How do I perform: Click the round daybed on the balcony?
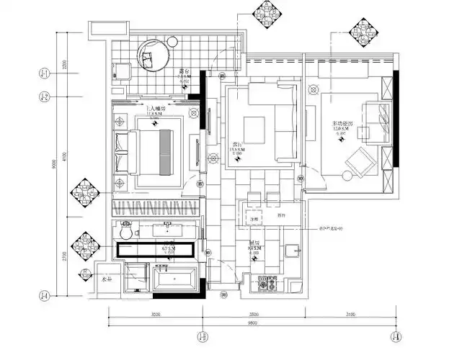click(153, 55)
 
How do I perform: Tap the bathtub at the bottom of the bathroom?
click(173, 277)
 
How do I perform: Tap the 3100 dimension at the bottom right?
click(350, 315)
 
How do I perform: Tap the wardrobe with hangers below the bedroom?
click(156, 210)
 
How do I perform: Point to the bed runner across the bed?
click(165, 152)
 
